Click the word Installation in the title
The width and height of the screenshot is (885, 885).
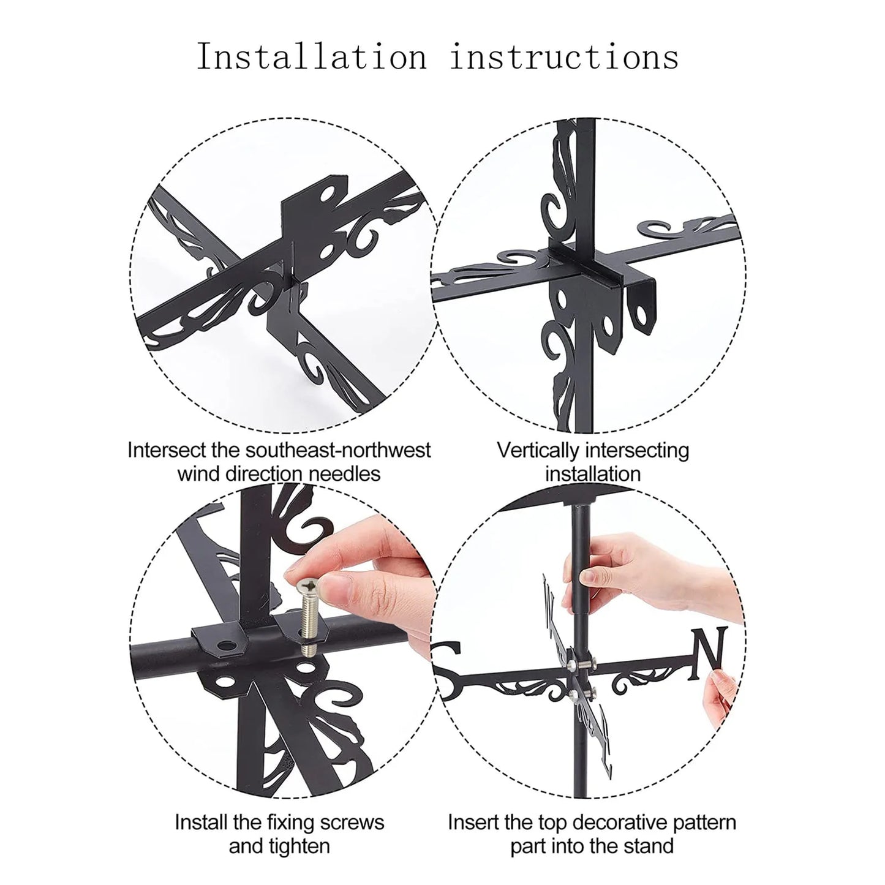(x=312, y=57)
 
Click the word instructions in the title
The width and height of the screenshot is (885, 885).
(x=564, y=57)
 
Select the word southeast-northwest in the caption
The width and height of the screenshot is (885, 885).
(x=344, y=450)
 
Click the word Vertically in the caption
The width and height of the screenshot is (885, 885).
(x=540, y=451)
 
